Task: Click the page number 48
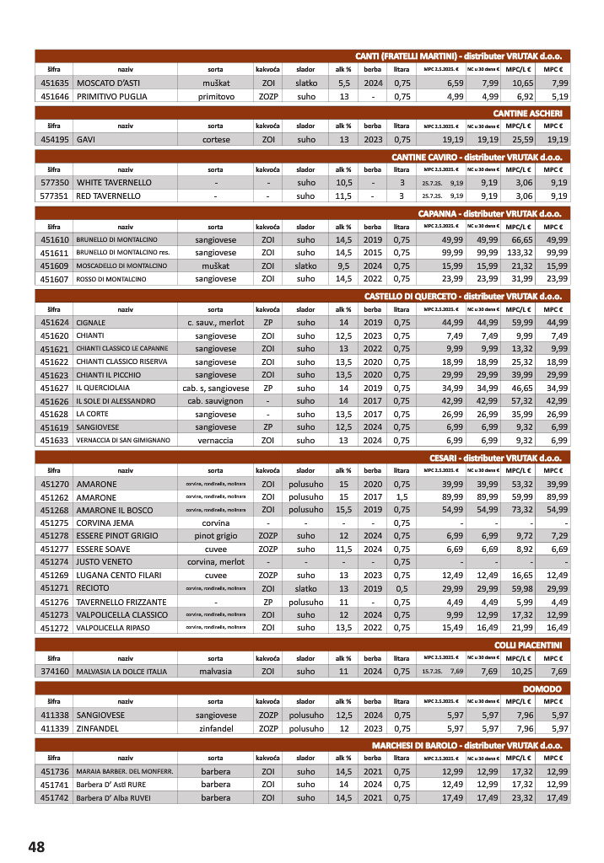tap(35, 845)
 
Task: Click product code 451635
tap(54, 83)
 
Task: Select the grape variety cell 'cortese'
tap(215, 139)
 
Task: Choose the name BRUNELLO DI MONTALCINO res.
tap(122, 252)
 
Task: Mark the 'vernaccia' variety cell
tap(215, 440)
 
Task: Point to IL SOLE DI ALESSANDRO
tap(116, 401)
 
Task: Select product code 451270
tap(54, 485)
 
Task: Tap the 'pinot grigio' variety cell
tap(215, 536)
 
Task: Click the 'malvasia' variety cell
tap(215, 671)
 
